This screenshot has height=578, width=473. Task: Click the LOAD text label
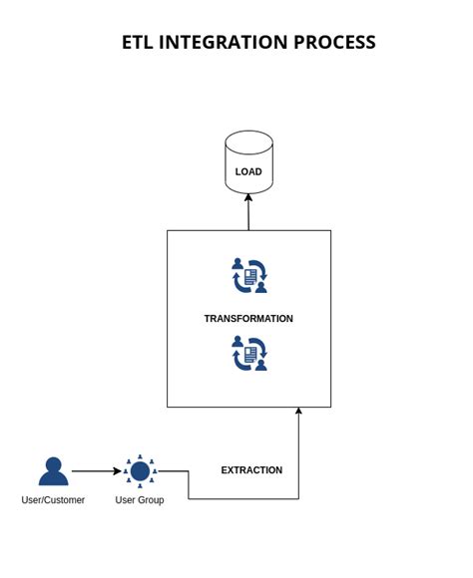coord(248,171)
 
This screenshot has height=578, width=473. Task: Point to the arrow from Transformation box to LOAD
coord(248,212)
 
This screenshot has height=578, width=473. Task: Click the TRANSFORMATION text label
coord(248,319)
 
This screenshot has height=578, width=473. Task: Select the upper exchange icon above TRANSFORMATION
coord(249,276)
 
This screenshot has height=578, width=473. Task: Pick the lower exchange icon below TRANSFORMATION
coord(249,354)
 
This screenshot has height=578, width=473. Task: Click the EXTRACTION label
coord(251,470)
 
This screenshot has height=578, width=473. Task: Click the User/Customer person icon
coord(53,471)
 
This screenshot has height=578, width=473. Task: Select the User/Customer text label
coord(53,500)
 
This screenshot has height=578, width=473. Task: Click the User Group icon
coord(140,471)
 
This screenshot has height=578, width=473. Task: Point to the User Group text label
coord(140,500)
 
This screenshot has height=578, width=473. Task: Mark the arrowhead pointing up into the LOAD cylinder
coord(248,197)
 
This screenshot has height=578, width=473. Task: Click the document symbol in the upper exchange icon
coord(250,276)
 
